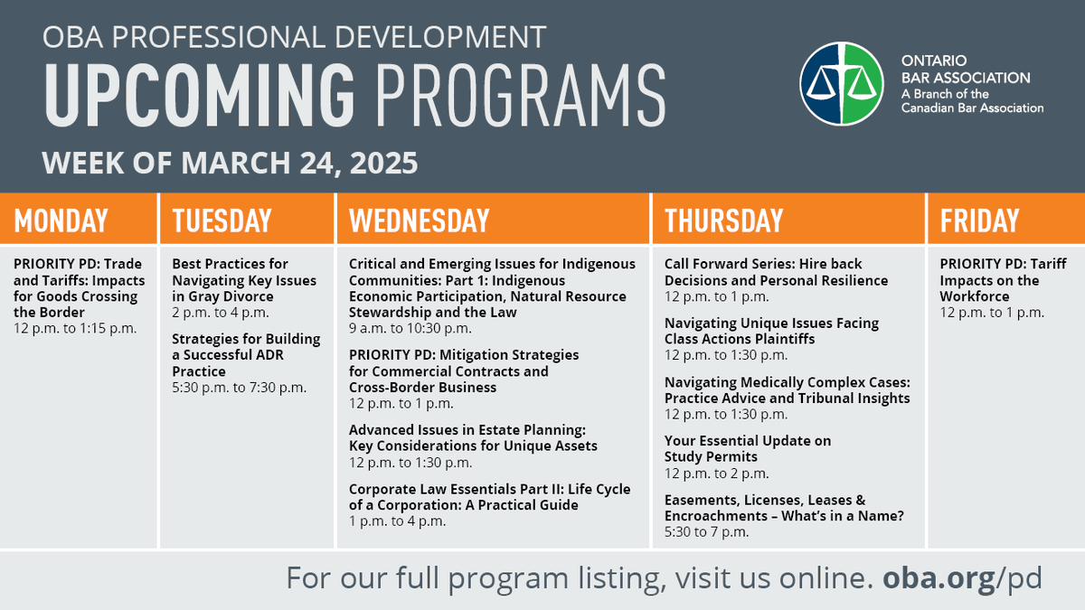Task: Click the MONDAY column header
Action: click(x=61, y=221)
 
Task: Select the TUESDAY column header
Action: click(x=222, y=221)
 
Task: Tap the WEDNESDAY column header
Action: click(x=419, y=221)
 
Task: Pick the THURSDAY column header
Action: click(x=723, y=221)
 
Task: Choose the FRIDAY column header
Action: click(x=979, y=221)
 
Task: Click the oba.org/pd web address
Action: click(x=962, y=577)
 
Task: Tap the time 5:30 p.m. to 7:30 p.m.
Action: click(x=239, y=388)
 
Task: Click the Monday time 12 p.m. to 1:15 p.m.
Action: click(x=74, y=328)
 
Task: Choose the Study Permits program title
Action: click(x=747, y=449)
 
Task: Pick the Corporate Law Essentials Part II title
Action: click(x=489, y=497)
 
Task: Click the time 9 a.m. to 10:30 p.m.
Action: click(x=410, y=328)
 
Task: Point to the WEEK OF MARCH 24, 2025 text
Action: click(x=231, y=164)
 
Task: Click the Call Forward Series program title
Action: click(x=776, y=272)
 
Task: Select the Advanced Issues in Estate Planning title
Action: click(x=473, y=437)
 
